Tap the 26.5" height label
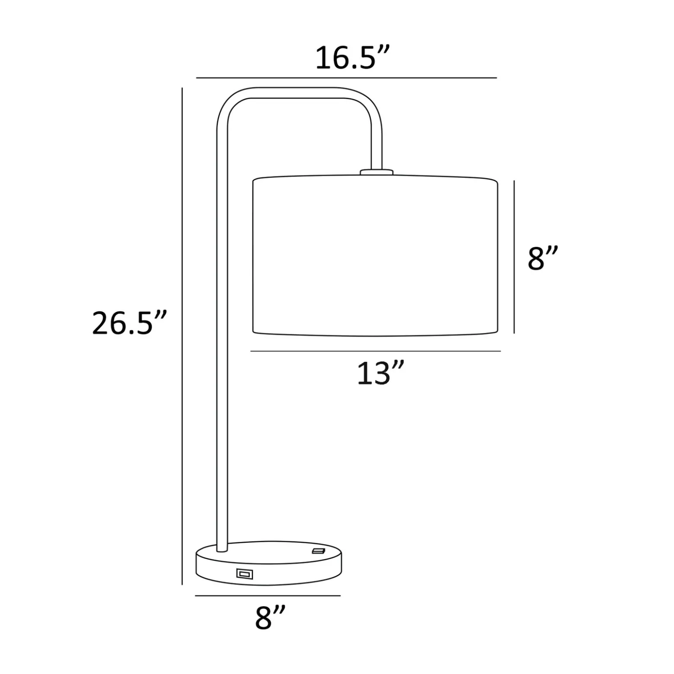pyautogui.click(x=129, y=323)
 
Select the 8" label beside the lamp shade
pyautogui.click(x=543, y=259)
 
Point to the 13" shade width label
pyautogui.click(x=380, y=373)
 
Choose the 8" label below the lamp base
pyautogui.click(x=270, y=617)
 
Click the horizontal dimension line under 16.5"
pyautogui.click(x=347, y=78)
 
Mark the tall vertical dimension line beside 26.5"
pyautogui.click(x=182, y=336)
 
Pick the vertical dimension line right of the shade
pyautogui.click(x=514, y=257)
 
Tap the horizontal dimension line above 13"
pyautogui.click(x=375, y=351)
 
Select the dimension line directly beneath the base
pyautogui.click(x=268, y=596)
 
